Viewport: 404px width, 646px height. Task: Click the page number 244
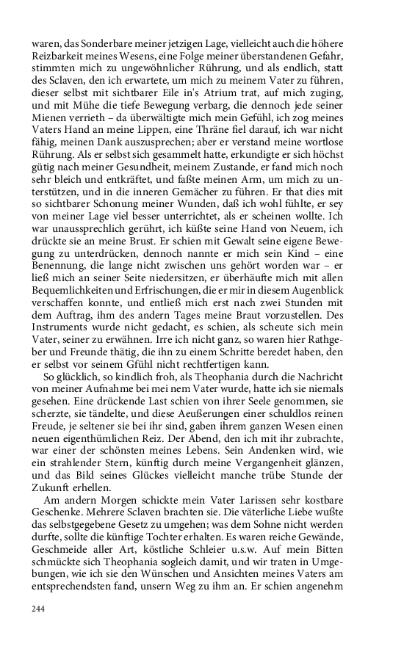pyautogui.click(x=38, y=609)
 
